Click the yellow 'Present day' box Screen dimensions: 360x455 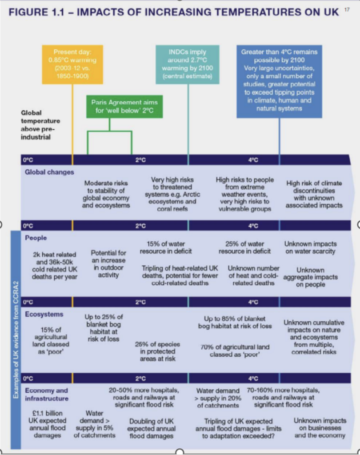point(72,64)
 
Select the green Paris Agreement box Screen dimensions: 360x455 point(124,107)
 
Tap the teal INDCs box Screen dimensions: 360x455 point(188,64)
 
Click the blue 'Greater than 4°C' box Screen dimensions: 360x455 point(279,81)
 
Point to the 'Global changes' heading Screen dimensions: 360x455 point(49,172)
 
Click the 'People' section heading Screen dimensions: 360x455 point(36,238)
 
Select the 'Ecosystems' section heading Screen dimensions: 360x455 point(44,314)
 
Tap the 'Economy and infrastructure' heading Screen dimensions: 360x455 point(47,395)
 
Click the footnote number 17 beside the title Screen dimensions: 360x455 point(347,10)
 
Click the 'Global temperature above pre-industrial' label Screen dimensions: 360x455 point(40,125)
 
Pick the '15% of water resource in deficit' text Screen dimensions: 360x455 point(166,247)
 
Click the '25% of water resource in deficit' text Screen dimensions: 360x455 point(245,247)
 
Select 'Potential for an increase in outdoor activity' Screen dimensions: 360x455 point(108,264)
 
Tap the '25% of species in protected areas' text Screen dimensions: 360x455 point(158,351)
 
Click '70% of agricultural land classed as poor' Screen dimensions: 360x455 point(235,351)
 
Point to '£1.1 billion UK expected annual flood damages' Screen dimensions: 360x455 point(47,424)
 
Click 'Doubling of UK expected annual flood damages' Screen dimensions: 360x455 point(151,428)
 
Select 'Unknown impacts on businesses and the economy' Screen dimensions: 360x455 point(320,428)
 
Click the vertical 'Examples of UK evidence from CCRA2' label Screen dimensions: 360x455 point(16,339)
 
